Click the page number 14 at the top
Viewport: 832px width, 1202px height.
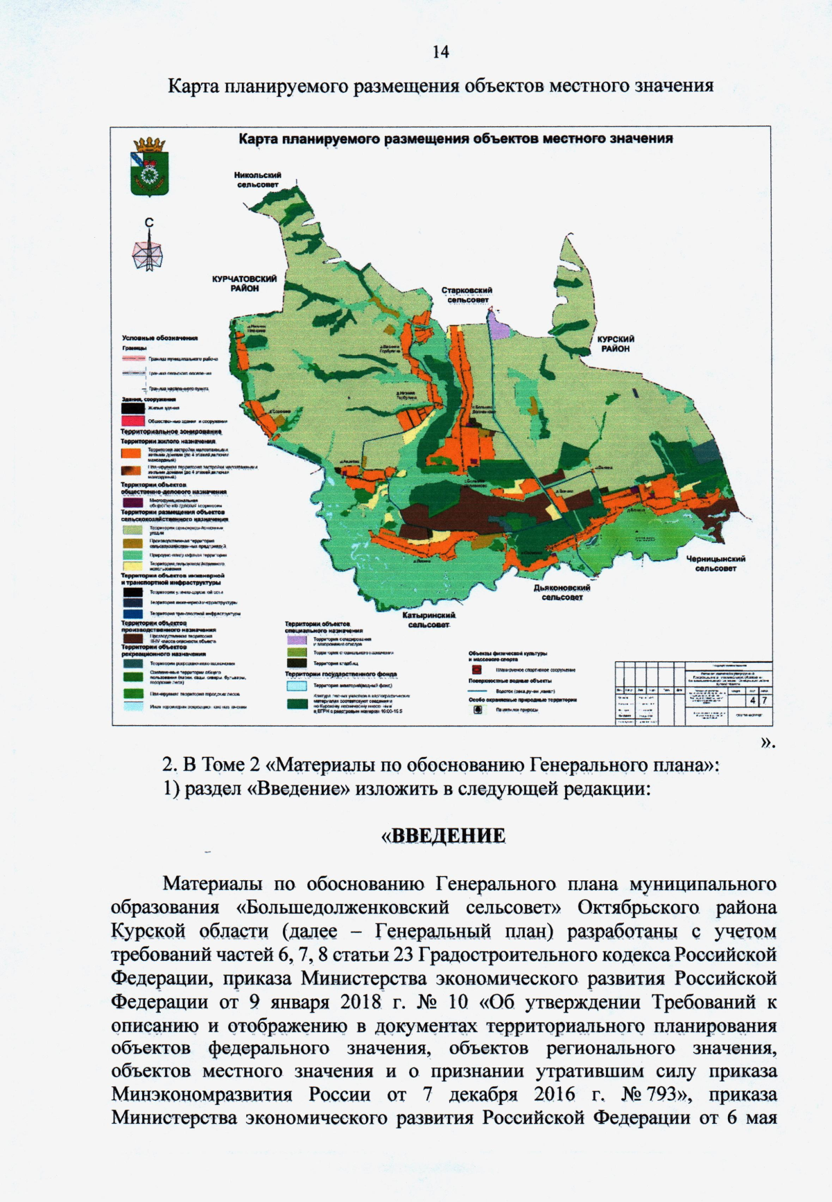pos(440,52)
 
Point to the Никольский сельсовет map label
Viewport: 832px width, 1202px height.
pos(258,180)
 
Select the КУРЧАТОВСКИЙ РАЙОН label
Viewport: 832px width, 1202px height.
pos(245,284)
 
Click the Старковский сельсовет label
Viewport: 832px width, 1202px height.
pos(467,295)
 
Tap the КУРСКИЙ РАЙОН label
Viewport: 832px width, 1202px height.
pos(616,344)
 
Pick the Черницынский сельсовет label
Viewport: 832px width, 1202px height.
pos(716,564)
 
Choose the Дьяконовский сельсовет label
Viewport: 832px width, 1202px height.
pos(562,592)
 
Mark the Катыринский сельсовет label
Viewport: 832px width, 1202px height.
pos(428,620)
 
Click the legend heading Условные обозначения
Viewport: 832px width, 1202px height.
pos(160,338)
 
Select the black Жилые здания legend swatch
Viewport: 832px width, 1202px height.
pos(132,408)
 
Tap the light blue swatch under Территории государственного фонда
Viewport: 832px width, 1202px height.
pos(297,686)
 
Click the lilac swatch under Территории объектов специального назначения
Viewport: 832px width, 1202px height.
pos(297,641)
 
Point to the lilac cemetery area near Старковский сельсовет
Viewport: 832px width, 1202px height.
pos(497,324)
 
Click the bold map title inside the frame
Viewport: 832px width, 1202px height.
pos(456,139)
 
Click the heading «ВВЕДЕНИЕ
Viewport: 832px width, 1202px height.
pos(443,835)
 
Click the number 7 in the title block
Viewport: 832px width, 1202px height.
pos(764,701)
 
